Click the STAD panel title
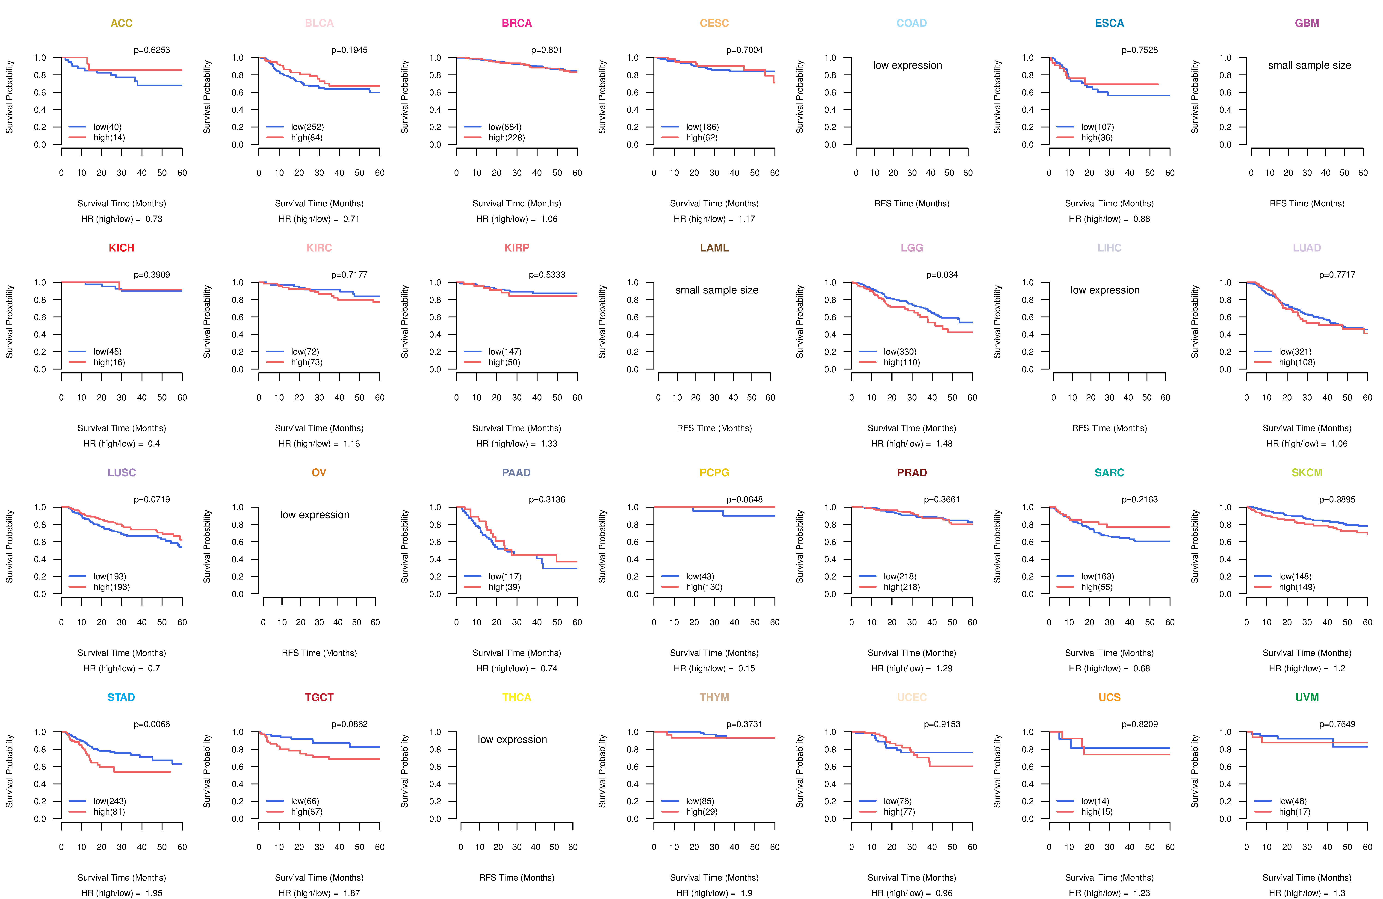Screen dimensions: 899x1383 pyautogui.click(x=121, y=697)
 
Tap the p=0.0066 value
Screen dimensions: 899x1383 pyautogui.click(x=152, y=724)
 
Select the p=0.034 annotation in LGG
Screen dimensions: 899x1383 pyautogui.click(x=942, y=275)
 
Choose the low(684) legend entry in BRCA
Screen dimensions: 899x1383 pyautogui.click(x=504, y=127)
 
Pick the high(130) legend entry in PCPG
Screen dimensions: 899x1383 pyautogui.click(x=704, y=587)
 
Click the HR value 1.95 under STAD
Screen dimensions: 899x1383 pyautogui.click(x=154, y=893)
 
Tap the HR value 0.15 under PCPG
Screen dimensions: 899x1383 pyautogui.click(x=747, y=668)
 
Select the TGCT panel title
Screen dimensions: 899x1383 pyautogui.click(x=319, y=697)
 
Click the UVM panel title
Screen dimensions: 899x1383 pyautogui.click(x=1307, y=697)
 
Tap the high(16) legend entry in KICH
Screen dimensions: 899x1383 pyautogui.click(x=109, y=362)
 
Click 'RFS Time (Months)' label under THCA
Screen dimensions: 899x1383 pyautogui.click(x=517, y=878)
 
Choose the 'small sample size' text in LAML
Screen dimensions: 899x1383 pyautogui.click(x=716, y=290)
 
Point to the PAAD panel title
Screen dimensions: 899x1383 pyautogui.click(x=516, y=473)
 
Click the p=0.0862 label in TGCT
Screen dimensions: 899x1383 pyautogui.click(x=349, y=724)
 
